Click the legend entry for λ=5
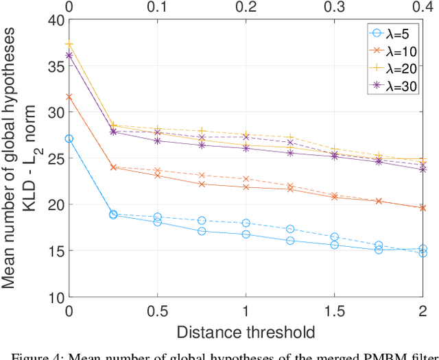(x=392, y=32)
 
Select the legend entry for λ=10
(x=392, y=50)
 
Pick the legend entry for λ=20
(x=392, y=68)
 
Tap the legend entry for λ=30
(x=392, y=86)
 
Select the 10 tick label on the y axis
(x=55, y=297)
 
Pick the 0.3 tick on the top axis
(x=334, y=7)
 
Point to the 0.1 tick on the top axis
(x=157, y=7)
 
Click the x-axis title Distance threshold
(x=246, y=333)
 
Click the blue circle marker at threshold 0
(x=69, y=139)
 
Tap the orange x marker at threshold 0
(x=69, y=97)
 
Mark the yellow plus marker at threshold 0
(x=69, y=44)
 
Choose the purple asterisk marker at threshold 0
(x=69, y=56)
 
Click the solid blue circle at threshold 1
(x=246, y=235)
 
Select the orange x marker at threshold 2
(x=423, y=207)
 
